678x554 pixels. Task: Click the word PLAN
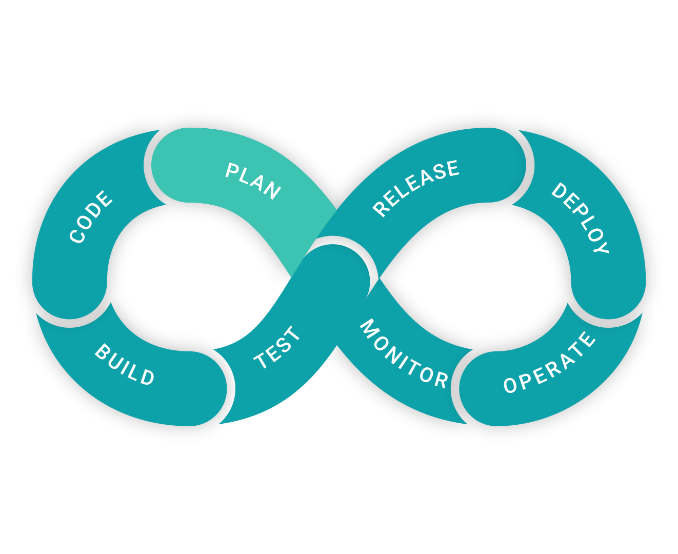tap(253, 181)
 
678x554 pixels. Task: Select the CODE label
tap(91, 216)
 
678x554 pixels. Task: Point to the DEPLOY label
tap(580, 218)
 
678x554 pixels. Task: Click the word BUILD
tap(125, 364)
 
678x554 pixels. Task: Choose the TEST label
tap(276, 347)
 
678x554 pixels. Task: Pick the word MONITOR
tap(404, 353)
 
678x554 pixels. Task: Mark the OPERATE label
tap(549, 362)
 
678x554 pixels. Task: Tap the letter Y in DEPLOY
tap(601, 247)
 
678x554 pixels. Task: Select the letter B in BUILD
tap(102, 351)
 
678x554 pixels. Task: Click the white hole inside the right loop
tap(476, 276)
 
